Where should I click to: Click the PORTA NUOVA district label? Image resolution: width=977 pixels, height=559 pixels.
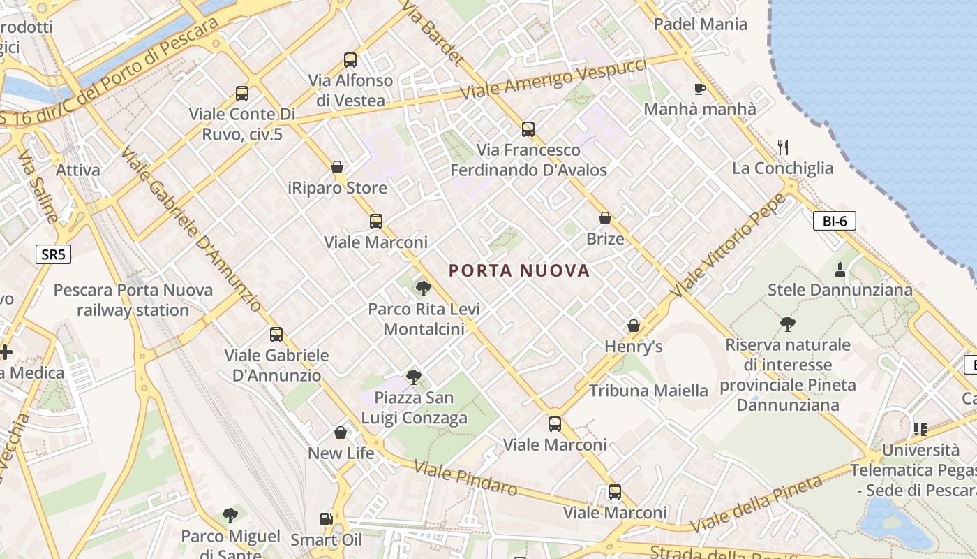click(x=519, y=270)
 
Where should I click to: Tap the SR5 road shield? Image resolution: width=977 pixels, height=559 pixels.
click(x=53, y=254)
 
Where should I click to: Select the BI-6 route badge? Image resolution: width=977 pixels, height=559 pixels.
click(x=834, y=222)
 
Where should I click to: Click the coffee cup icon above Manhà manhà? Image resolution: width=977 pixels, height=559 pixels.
click(x=699, y=89)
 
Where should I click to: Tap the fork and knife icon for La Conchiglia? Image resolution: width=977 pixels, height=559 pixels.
click(x=782, y=147)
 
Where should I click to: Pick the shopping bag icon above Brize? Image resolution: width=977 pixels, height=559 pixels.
click(x=604, y=218)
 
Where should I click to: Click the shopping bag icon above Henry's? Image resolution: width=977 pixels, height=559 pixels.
click(x=633, y=326)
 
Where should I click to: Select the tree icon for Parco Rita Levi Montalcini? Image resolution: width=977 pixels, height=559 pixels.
click(x=423, y=288)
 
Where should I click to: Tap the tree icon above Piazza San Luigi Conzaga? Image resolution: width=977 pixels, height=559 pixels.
click(x=414, y=377)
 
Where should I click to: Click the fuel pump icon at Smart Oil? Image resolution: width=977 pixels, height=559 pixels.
click(x=326, y=519)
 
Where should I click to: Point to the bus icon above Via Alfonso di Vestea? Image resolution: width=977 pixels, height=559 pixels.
click(x=350, y=60)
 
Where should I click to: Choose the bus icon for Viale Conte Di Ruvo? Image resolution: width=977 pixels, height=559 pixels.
click(x=242, y=93)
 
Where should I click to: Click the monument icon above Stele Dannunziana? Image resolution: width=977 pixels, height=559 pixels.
click(x=840, y=269)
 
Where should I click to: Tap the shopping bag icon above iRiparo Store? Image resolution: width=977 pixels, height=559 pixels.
click(x=337, y=167)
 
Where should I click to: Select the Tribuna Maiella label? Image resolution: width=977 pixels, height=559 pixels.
click(x=648, y=391)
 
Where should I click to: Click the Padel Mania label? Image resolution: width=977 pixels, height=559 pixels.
click(x=700, y=24)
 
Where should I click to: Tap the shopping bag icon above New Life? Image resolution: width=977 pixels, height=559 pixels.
click(x=341, y=433)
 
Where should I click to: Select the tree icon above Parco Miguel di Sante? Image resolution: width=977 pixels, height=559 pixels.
click(x=230, y=516)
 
